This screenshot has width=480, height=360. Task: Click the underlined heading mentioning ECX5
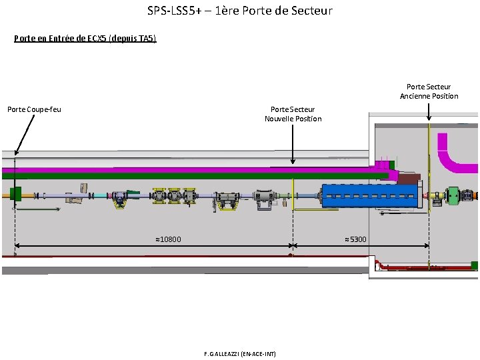tap(85, 38)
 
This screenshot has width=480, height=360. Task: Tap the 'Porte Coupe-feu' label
tap(34, 109)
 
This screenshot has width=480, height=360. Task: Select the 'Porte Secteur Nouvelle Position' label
tap(293, 114)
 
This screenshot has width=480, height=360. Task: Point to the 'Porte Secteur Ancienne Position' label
tap(429, 91)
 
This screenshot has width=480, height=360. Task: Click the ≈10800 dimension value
tap(168, 239)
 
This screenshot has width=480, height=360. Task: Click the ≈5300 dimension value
tap(355, 239)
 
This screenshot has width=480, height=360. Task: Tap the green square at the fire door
tap(16, 194)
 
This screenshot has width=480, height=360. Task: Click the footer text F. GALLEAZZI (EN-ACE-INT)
tap(240, 353)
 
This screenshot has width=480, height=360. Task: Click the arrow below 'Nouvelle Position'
tap(293, 143)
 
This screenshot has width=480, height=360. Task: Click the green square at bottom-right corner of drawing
tap(475, 266)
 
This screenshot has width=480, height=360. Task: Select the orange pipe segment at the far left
tap(5, 194)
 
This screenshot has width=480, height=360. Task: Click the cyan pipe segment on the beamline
tap(100, 195)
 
